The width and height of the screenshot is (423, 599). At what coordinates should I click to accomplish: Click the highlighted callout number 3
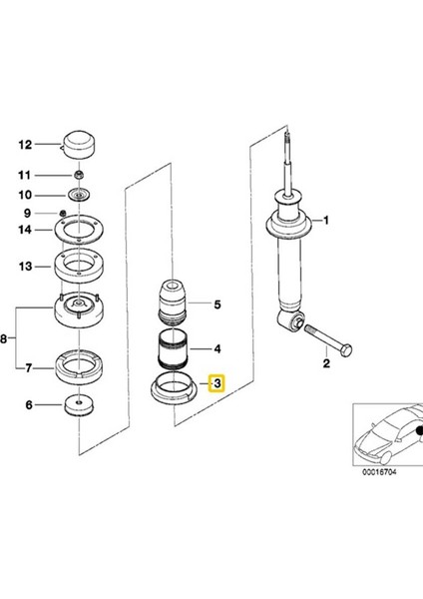point(216,383)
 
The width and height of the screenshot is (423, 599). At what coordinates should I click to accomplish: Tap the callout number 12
point(25,145)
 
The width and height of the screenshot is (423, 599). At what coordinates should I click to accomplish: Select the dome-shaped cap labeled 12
point(79,146)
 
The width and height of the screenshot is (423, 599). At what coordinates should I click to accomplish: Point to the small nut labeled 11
point(79,176)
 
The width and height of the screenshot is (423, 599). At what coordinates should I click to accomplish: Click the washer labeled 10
point(79,196)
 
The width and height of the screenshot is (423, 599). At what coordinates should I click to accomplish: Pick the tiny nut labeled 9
point(64,213)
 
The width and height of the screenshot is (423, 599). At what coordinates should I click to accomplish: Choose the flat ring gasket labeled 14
point(79,230)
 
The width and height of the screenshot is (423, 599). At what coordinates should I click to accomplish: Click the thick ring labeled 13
point(79,266)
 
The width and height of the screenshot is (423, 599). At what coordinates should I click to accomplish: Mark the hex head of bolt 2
point(346,350)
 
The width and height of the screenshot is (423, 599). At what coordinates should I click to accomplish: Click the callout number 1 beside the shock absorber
point(325,221)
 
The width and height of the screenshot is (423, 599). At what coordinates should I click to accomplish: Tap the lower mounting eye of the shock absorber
point(292,320)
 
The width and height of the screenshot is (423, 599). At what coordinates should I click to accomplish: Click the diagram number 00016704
point(379,472)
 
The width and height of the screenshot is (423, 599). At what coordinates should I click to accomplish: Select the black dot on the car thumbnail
point(419,430)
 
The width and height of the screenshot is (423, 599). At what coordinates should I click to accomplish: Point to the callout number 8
point(3,338)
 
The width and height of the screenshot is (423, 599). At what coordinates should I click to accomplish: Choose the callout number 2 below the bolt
point(326,363)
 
